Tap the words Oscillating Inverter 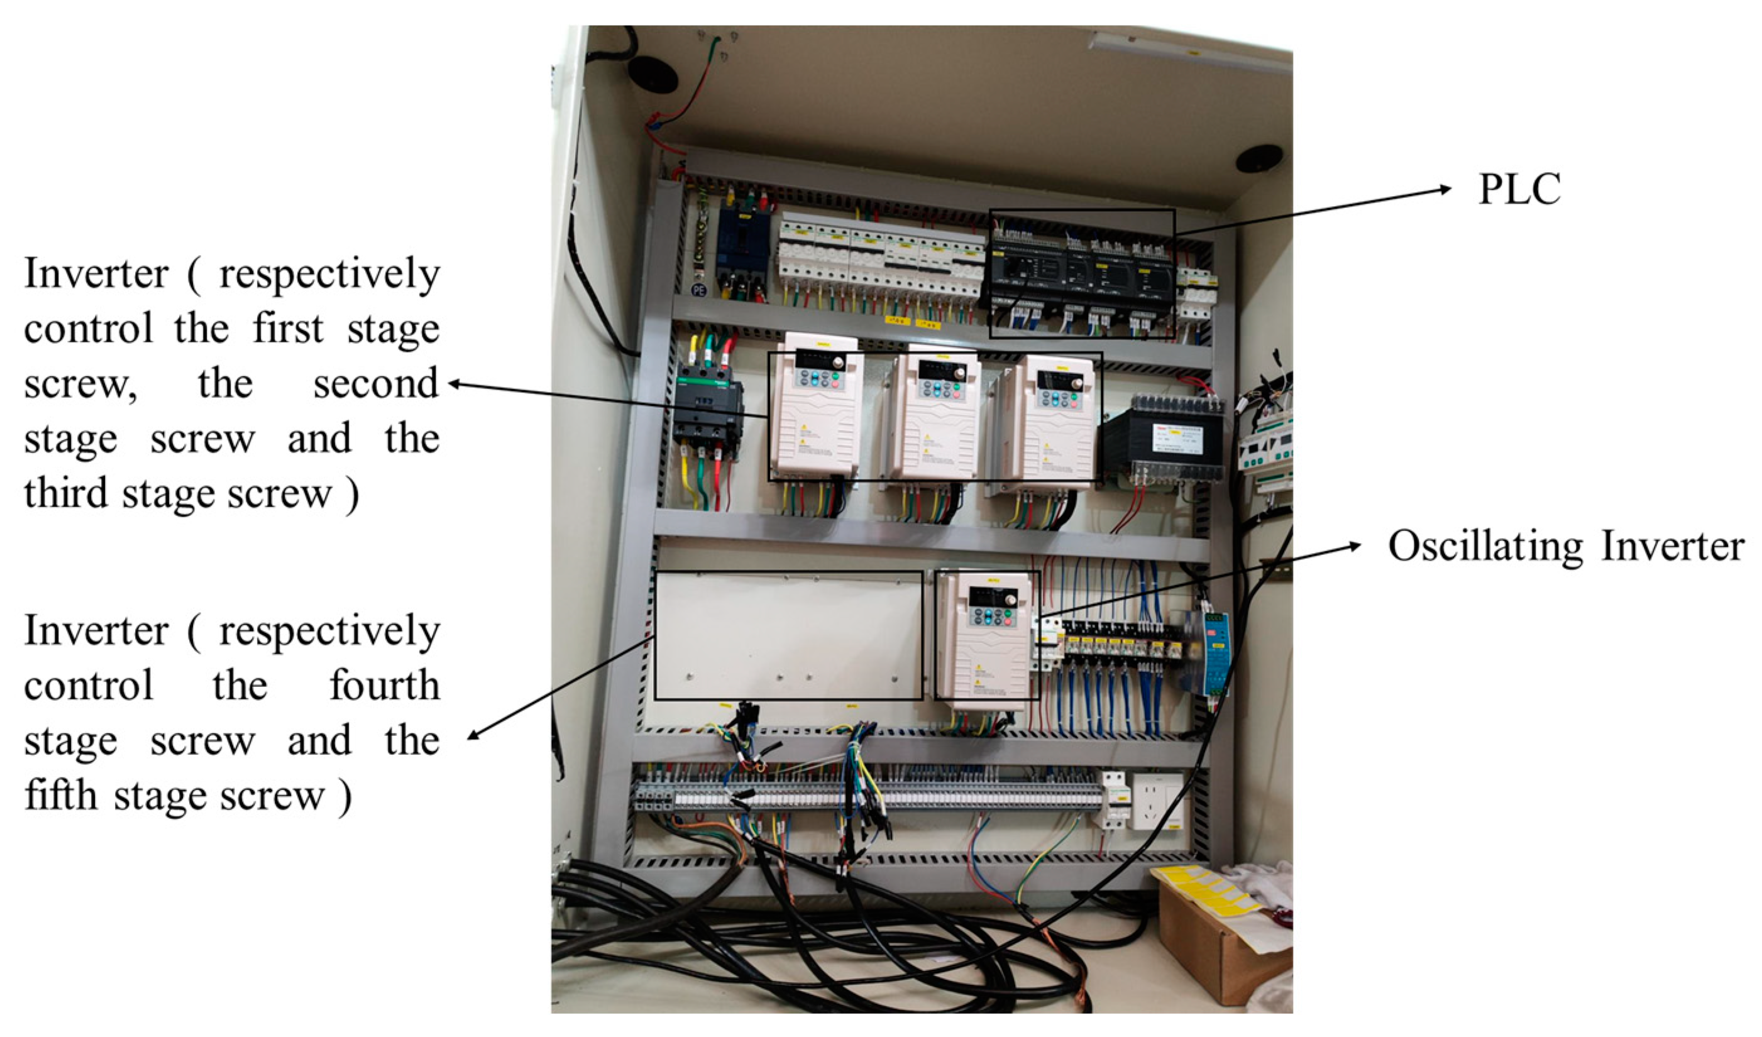coord(1565,546)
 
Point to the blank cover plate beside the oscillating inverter coord(788,635)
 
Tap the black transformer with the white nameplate coord(1164,441)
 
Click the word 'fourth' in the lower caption coord(384,685)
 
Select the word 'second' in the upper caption coord(375,384)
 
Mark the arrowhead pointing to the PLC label coord(1447,188)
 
